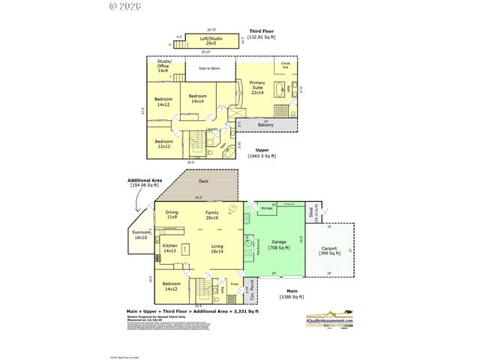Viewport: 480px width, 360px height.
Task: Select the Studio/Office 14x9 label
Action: tap(163, 65)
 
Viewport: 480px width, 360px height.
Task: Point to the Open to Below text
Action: tap(209, 68)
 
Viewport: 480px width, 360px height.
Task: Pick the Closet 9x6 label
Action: tap(286, 64)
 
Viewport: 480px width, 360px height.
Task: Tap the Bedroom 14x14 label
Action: tap(198, 98)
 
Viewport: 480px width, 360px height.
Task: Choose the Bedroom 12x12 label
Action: tap(163, 143)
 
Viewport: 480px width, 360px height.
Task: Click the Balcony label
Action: tap(265, 124)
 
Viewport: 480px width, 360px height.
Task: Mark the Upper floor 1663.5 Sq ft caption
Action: tap(263, 153)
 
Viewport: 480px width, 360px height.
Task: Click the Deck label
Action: tap(203, 181)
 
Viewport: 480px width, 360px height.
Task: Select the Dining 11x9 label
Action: tap(172, 214)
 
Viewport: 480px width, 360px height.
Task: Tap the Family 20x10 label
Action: tap(212, 214)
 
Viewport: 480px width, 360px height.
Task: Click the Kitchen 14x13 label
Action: tap(170, 248)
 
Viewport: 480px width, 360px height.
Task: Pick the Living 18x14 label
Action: tap(217, 248)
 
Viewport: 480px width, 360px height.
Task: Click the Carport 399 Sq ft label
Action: tap(330, 250)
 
